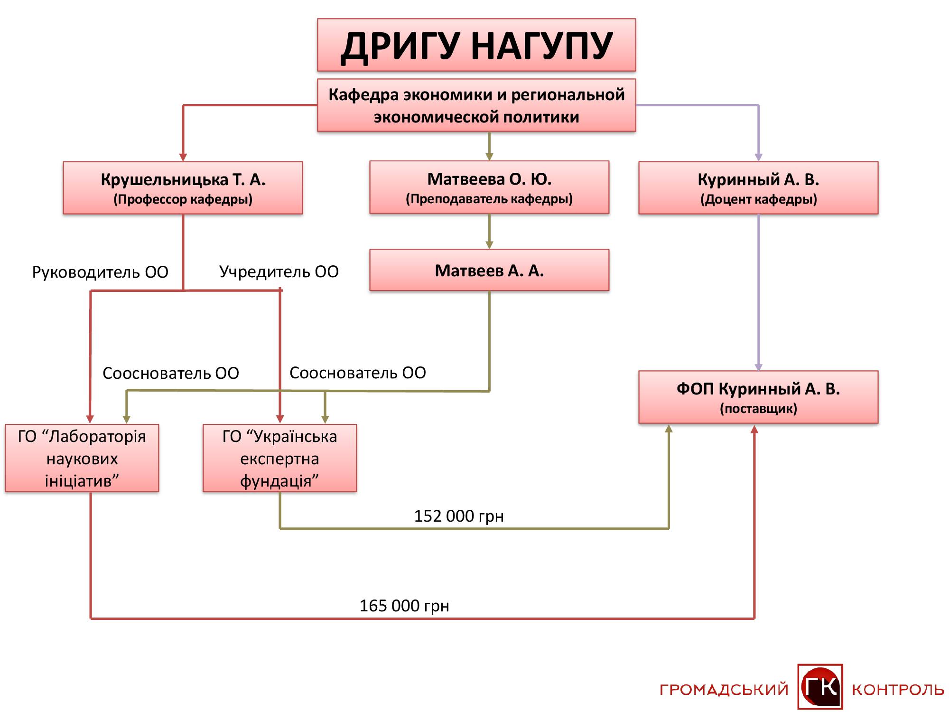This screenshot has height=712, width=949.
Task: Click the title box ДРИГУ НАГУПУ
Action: [x=476, y=45]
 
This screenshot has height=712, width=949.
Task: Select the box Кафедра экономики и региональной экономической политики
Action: [x=476, y=105]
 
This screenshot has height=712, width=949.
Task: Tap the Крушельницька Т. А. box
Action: [x=183, y=188]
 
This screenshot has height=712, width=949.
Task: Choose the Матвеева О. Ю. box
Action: [x=489, y=187]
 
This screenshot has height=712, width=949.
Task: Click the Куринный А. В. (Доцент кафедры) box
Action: [x=758, y=188]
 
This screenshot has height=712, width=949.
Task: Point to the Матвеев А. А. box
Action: [x=489, y=270]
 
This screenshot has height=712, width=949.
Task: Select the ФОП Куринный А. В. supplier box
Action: [x=758, y=397]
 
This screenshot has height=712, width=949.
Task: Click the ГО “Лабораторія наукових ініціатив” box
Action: [x=82, y=458]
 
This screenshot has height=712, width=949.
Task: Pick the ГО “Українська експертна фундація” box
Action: [x=279, y=458]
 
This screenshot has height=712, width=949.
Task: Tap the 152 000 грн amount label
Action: [x=459, y=516]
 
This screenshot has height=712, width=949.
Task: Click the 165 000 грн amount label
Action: [x=404, y=606]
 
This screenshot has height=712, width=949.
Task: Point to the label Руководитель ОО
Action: [x=100, y=272]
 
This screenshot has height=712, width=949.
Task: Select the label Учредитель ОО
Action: [x=279, y=272]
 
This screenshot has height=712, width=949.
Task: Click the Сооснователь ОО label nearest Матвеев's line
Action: [x=358, y=373]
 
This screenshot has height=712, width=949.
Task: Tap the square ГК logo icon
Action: [x=820, y=686]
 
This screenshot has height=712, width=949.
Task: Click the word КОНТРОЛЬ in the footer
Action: [x=898, y=690]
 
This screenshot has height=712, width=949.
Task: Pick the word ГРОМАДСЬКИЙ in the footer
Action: [x=724, y=690]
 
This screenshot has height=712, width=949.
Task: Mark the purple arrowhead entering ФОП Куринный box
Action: [x=758, y=367]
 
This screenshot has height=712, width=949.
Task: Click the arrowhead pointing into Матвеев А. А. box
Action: [x=489, y=245]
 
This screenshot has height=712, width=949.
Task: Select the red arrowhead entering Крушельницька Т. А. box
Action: [x=183, y=158]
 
